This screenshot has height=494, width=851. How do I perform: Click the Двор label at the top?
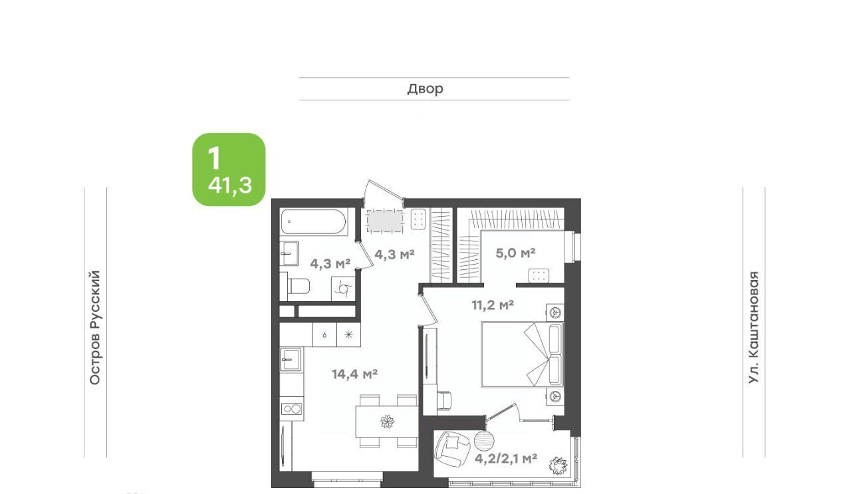coord(425,88)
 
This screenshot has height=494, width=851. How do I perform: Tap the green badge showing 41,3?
coord(229,170)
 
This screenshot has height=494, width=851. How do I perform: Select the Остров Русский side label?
coord(94,328)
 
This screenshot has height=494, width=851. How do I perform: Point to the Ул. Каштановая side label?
coord(753,328)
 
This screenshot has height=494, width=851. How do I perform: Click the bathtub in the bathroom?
coord(314,221)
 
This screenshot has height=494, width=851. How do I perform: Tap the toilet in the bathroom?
coord(299,286)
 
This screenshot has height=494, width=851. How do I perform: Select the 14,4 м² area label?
coord(354,374)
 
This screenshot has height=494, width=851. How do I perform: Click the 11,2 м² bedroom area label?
coord(493,305)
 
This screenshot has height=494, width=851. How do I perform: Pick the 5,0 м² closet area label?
coord(515,253)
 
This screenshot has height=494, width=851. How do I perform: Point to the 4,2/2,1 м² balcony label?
coord(506,459)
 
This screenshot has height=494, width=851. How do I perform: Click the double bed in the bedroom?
coord(523,355)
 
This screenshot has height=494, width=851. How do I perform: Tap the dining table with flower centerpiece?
coord(387,422)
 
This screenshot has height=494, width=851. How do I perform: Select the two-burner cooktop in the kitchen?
coord(292,409)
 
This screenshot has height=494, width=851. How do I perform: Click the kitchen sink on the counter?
coord(291,359)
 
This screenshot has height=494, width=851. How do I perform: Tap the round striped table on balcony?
coord(485,441)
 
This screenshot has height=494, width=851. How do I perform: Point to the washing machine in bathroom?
coord(343,289)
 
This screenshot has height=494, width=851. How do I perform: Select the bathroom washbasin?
coord(289,253)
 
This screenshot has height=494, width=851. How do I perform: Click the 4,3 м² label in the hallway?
coord(394,254)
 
